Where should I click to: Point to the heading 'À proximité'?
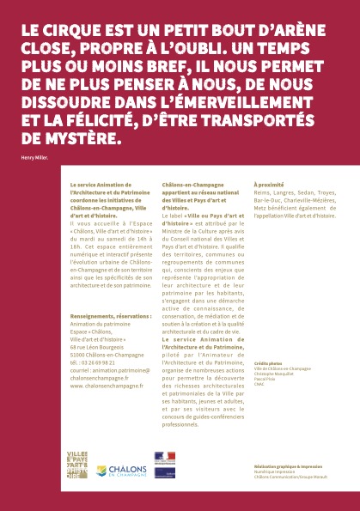click(x=269, y=185)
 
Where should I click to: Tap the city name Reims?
click(x=261, y=194)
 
